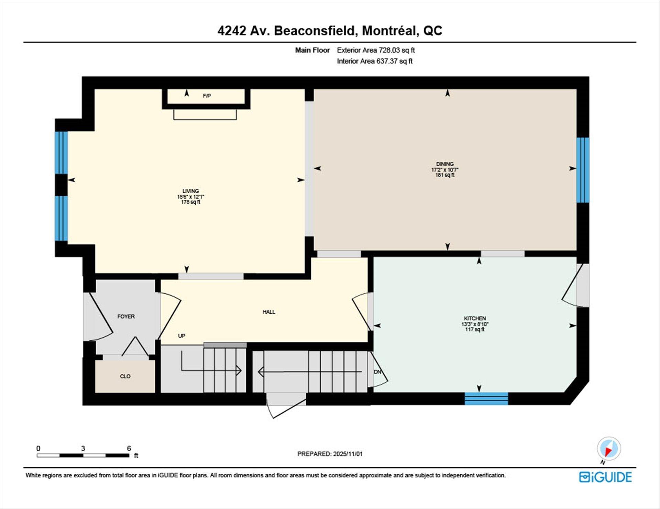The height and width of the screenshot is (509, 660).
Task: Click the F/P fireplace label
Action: (207, 96)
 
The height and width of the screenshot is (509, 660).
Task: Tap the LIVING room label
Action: (190, 191)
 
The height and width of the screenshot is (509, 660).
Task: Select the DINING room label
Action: (445, 164)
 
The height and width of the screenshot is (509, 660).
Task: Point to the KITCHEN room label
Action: (475, 318)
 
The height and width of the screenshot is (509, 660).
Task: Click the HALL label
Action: (269, 312)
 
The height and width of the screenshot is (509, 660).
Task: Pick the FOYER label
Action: (126, 316)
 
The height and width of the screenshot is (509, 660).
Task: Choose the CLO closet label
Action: (125, 376)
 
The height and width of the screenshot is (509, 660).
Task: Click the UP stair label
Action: (181, 335)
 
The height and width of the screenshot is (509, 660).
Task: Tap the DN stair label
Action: (377, 372)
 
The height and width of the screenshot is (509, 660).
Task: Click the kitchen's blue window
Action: (486, 398)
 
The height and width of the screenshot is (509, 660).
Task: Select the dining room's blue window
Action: (583, 170)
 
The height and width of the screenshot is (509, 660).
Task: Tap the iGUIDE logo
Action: (605, 477)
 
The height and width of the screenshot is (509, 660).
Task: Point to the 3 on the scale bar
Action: (83, 448)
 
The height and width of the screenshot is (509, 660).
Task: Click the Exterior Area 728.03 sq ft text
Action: (376, 50)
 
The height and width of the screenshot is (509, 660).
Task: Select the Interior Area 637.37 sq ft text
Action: (374, 61)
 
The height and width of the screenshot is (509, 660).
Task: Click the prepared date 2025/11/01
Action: (348, 454)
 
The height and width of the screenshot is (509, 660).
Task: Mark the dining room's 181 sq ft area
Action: (445, 175)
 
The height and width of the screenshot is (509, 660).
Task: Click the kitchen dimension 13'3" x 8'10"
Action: (475, 324)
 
